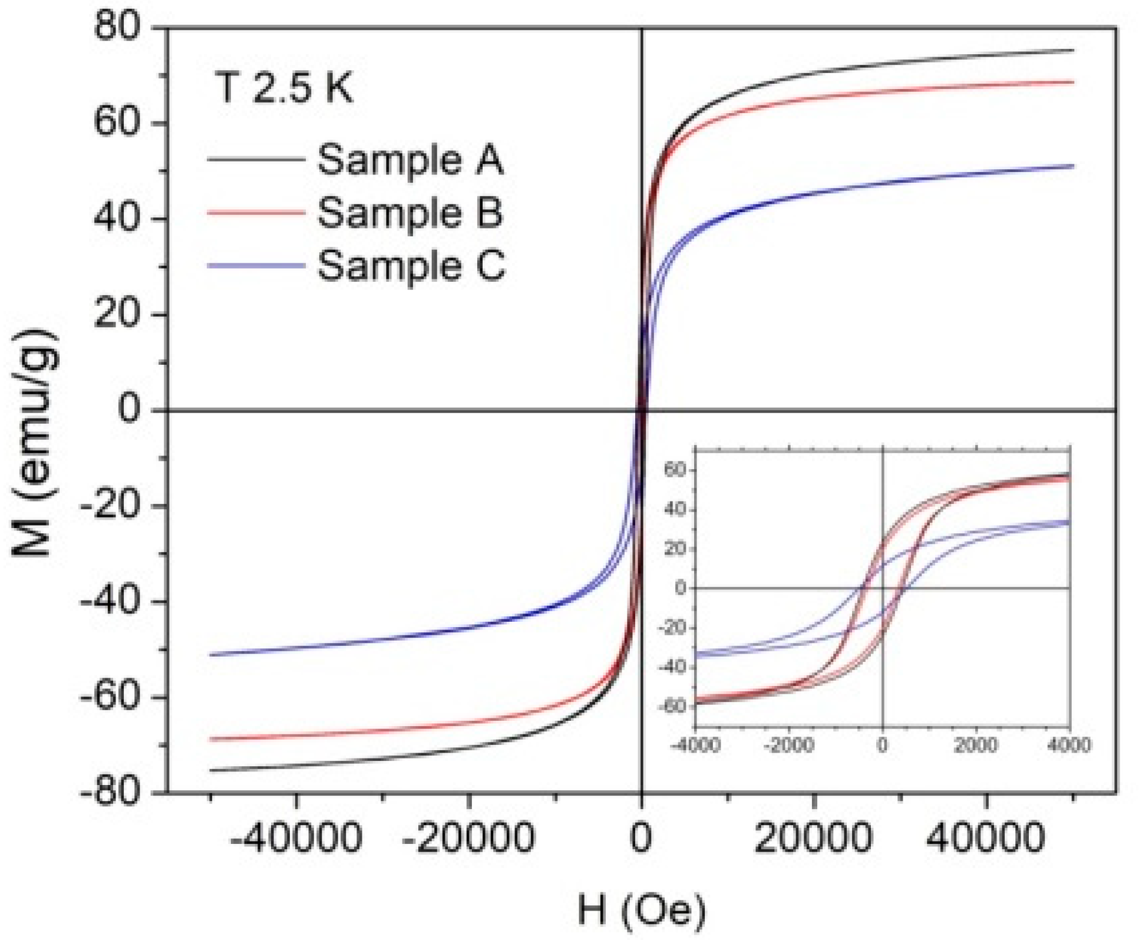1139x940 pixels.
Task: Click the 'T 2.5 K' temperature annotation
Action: pos(285,88)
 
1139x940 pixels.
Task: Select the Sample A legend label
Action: pos(411,159)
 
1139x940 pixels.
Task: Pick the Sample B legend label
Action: pos(410,212)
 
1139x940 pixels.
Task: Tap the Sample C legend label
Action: pos(411,265)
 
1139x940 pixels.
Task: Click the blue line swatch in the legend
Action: pos(255,265)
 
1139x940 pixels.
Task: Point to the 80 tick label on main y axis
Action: pos(118,28)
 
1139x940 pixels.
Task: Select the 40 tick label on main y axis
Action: pos(118,219)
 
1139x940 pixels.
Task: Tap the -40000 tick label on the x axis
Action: pos(296,837)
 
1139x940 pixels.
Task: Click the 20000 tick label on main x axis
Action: pos(813,837)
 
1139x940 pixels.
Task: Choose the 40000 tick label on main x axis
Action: pos(986,837)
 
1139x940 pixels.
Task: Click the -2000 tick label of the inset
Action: pos(788,745)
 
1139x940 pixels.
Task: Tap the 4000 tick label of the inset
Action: pos(1069,745)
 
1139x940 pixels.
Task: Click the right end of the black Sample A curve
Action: pos(1073,50)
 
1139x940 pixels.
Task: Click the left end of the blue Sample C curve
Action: pos(211,655)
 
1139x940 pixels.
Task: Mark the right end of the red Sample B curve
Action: pos(1073,82)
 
